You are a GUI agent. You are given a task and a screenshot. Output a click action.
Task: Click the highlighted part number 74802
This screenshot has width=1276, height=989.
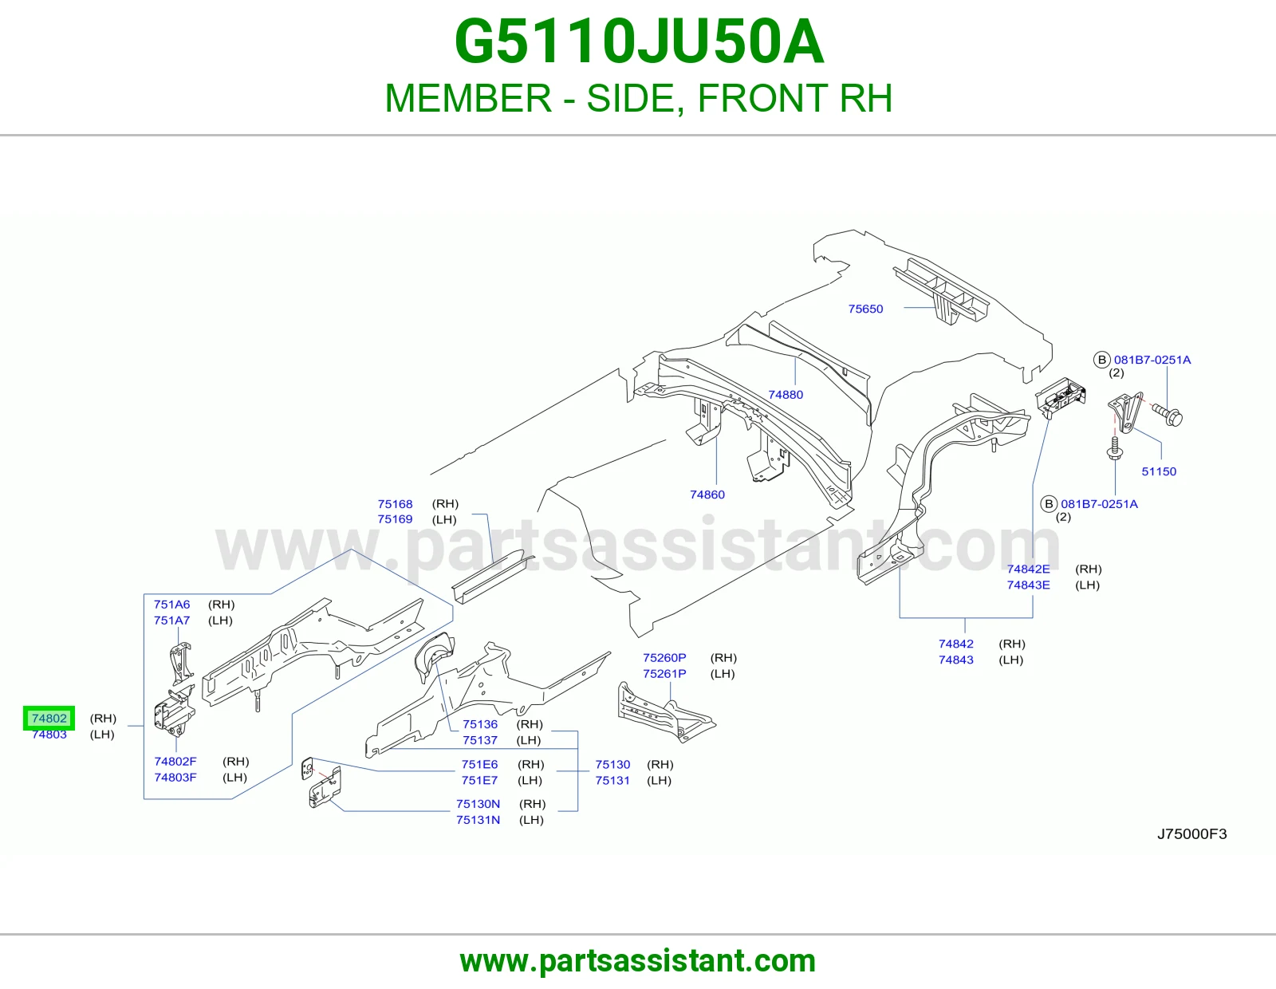coord(49,719)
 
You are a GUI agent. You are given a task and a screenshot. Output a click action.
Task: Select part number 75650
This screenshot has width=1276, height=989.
coord(865,309)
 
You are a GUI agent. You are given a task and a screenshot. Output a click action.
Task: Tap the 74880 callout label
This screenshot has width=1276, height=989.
coord(786,395)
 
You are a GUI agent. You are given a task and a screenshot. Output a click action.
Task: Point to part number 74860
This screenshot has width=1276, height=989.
coord(707,494)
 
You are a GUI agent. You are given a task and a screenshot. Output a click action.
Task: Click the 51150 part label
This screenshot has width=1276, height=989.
coord(1159,471)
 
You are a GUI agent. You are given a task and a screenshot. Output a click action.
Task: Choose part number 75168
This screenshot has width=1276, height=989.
coord(396,504)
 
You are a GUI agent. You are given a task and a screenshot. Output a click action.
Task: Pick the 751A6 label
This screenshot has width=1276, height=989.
coord(172,605)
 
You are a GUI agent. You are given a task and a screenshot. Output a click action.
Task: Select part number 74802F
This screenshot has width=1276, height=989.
coord(175,761)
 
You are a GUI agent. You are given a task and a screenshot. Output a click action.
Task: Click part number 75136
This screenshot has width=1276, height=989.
coord(480,724)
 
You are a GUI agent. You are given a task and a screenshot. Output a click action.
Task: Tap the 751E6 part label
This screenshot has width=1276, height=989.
coord(479,764)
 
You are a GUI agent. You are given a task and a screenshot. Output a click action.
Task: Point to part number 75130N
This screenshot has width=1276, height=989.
coord(478,803)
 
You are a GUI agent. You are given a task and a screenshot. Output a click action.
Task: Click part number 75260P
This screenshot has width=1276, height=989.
coord(664,658)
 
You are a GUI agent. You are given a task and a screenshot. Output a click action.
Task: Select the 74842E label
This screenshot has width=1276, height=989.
coord(1028,569)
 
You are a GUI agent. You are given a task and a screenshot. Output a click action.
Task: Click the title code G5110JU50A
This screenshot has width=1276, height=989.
coord(639,41)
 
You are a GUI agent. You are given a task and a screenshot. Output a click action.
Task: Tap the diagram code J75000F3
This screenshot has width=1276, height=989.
coord(1192,834)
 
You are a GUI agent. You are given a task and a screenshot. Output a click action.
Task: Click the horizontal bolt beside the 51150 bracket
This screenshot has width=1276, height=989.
coord(1167,414)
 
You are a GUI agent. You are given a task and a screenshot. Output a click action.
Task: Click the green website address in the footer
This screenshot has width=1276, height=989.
coord(638,961)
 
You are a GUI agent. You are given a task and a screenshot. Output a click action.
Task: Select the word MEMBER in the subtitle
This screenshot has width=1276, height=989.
coord(468,98)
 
